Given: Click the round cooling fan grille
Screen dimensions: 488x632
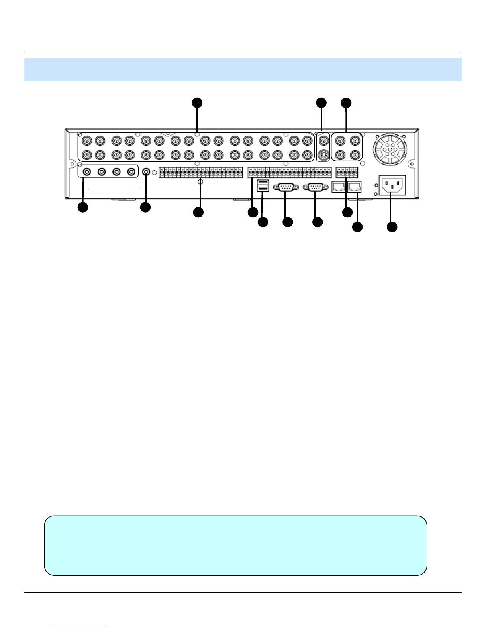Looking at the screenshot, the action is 390,149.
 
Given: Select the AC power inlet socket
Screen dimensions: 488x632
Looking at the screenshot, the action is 392,185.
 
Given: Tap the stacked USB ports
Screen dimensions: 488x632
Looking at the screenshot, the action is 263,185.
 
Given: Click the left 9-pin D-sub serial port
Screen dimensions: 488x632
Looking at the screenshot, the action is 286,187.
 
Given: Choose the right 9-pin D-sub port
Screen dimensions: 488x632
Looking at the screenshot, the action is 316,187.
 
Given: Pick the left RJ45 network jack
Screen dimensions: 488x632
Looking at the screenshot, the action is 339,186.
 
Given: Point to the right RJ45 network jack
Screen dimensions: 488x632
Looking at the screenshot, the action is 355,186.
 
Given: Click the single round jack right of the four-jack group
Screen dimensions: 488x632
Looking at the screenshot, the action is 147,171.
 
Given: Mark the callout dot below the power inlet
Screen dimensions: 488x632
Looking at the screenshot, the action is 392,227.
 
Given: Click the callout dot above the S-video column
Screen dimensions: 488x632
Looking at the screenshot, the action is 321,103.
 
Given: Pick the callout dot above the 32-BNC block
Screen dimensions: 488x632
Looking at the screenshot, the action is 197,103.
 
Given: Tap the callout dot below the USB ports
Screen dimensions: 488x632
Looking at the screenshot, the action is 263,222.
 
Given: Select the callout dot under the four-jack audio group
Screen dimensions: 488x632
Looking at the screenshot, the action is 83,207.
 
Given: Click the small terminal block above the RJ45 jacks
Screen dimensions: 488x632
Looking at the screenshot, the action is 347,173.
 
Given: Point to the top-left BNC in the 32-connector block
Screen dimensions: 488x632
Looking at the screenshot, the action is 87,140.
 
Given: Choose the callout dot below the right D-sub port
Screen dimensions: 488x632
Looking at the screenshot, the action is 317,222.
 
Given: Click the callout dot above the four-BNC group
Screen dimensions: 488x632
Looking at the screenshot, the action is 347,103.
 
